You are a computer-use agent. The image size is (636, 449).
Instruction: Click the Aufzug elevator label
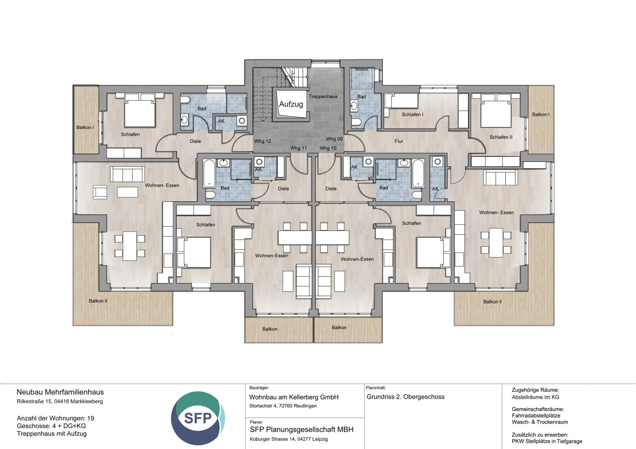(291, 104)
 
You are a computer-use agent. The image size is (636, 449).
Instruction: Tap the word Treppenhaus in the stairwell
(323, 96)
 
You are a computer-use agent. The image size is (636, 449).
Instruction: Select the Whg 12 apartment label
(263, 141)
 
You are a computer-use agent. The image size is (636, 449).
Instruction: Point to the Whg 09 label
(334, 139)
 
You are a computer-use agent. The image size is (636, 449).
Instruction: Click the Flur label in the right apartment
(399, 141)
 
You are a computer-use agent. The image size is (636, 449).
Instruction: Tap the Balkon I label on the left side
(85, 127)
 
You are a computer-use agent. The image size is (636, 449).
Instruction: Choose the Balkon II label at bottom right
(492, 302)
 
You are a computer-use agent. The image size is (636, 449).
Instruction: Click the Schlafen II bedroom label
(501, 137)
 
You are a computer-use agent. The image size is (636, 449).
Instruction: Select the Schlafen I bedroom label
(412, 115)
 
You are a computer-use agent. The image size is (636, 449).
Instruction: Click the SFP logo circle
(198, 418)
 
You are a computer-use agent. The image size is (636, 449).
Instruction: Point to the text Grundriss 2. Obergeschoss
(405, 397)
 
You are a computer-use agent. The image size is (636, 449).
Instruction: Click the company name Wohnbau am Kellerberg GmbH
(294, 397)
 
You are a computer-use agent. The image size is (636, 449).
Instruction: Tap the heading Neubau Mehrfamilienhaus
(60, 392)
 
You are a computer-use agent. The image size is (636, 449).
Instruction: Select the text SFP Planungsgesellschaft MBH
(301, 430)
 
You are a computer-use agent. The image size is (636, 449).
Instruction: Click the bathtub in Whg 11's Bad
(209, 173)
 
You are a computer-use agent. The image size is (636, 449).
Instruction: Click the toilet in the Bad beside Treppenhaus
(355, 122)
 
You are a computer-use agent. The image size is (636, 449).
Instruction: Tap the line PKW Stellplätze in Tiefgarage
(547, 441)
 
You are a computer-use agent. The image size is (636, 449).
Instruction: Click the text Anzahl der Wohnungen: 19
(55, 418)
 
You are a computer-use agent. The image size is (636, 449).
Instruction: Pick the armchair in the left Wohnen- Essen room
(100, 192)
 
